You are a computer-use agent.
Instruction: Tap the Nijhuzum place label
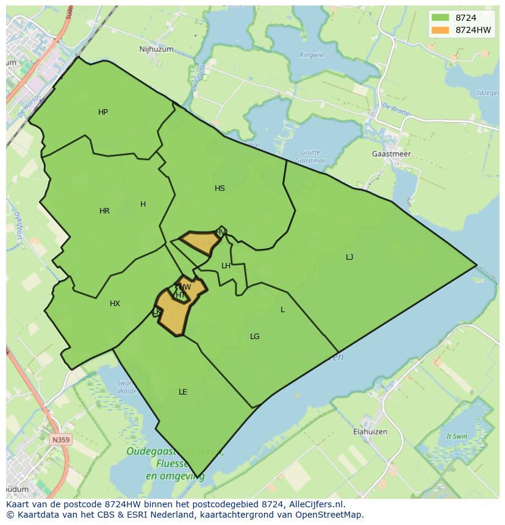pyautogui.click(x=156, y=49)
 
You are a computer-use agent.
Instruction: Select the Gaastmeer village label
pyautogui.click(x=391, y=154)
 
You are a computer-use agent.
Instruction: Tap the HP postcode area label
pyautogui.click(x=103, y=112)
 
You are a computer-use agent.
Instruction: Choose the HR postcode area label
pyautogui.click(x=104, y=211)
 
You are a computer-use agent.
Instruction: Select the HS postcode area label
pyautogui.click(x=220, y=188)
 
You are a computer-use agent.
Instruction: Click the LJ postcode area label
pyautogui.click(x=349, y=257)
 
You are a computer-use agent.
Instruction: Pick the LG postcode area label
pyautogui.click(x=255, y=337)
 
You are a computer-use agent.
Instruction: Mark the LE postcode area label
pyautogui.click(x=183, y=392)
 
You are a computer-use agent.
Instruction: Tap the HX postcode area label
pyautogui.click(x=115, y=304)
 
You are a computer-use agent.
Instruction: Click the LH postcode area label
pyautogui.click(x=226, y=266)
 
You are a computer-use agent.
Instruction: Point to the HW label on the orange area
pyautogui.click(x=185, y=287)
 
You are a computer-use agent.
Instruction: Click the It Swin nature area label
pyautogui.click(x=456, y=437)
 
